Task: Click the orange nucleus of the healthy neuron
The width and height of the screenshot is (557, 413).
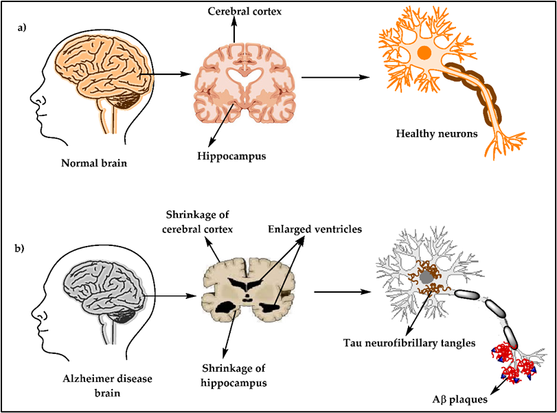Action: pyautogui.click(x=424, y=52)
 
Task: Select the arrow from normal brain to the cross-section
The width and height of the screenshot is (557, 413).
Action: pyautogui.click(x=168, y=73)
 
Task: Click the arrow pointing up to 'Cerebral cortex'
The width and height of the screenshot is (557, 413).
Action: pyautogui.click(x=234, y=31)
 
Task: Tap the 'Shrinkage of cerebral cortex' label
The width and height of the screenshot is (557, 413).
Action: pyautogui.click(x=196, y=221)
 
